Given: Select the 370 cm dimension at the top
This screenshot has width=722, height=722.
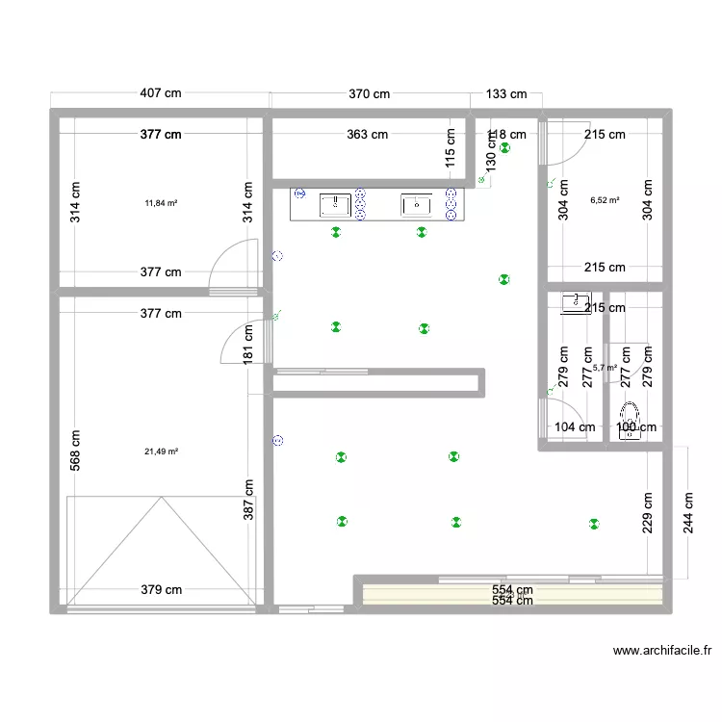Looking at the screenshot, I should pos(369,93).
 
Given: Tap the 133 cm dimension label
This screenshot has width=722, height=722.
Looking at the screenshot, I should pos(506,93).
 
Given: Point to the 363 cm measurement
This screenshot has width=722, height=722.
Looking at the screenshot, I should pos(367,135).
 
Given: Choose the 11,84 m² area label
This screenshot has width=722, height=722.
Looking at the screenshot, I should pos(161,203).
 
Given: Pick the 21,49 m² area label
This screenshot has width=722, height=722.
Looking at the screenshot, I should pos(161,451).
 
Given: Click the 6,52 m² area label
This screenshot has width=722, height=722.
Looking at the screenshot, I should pos(604,201).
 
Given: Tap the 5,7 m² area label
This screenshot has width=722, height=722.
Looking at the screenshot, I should pos(605,367).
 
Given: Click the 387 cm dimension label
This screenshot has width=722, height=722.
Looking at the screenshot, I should pos(248,502).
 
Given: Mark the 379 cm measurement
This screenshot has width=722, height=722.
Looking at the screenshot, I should pos(161,590).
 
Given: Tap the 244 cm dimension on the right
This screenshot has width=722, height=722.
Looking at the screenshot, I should pos(688,513).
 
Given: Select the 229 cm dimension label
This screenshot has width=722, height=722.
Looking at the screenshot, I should pos(648,513).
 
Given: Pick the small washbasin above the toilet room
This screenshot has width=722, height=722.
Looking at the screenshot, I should pos(576,303).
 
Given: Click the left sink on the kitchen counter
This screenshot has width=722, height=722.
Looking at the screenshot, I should pos(335,203).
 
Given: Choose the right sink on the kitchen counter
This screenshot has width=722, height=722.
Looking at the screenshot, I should pos(417,203).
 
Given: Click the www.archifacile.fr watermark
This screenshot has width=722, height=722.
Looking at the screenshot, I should pos(662,652).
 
